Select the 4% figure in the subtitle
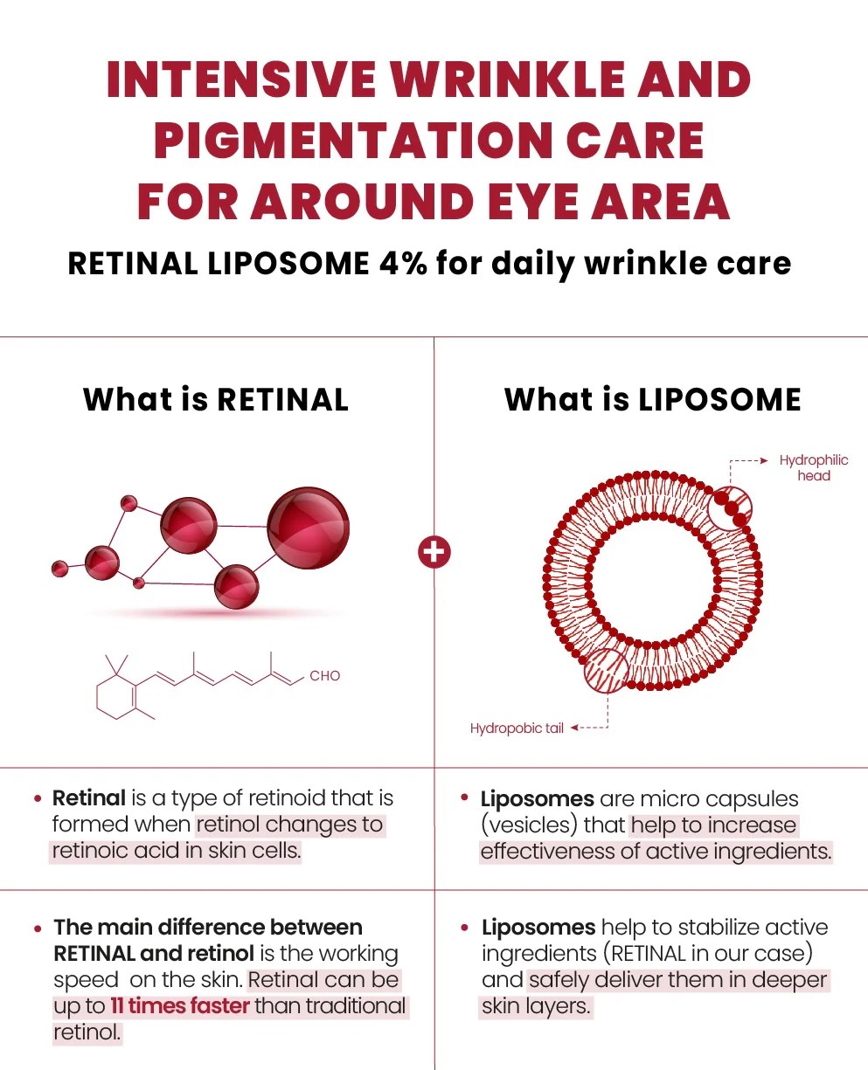(403, 262)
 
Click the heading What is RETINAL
(216, 399)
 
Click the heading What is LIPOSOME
(652, 399)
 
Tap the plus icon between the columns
(434, 552)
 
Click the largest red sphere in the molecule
(308, 528)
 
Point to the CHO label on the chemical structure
(324, 675)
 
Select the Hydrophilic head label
(813, 468)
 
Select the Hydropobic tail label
(517, 728)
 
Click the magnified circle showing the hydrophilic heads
(727, 508)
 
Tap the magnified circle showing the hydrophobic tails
(606, 671)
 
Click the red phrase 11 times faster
(180, 1006)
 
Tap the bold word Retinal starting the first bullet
(89, 798)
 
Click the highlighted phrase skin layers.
(536, 1006)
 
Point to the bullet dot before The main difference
(38, 928)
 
